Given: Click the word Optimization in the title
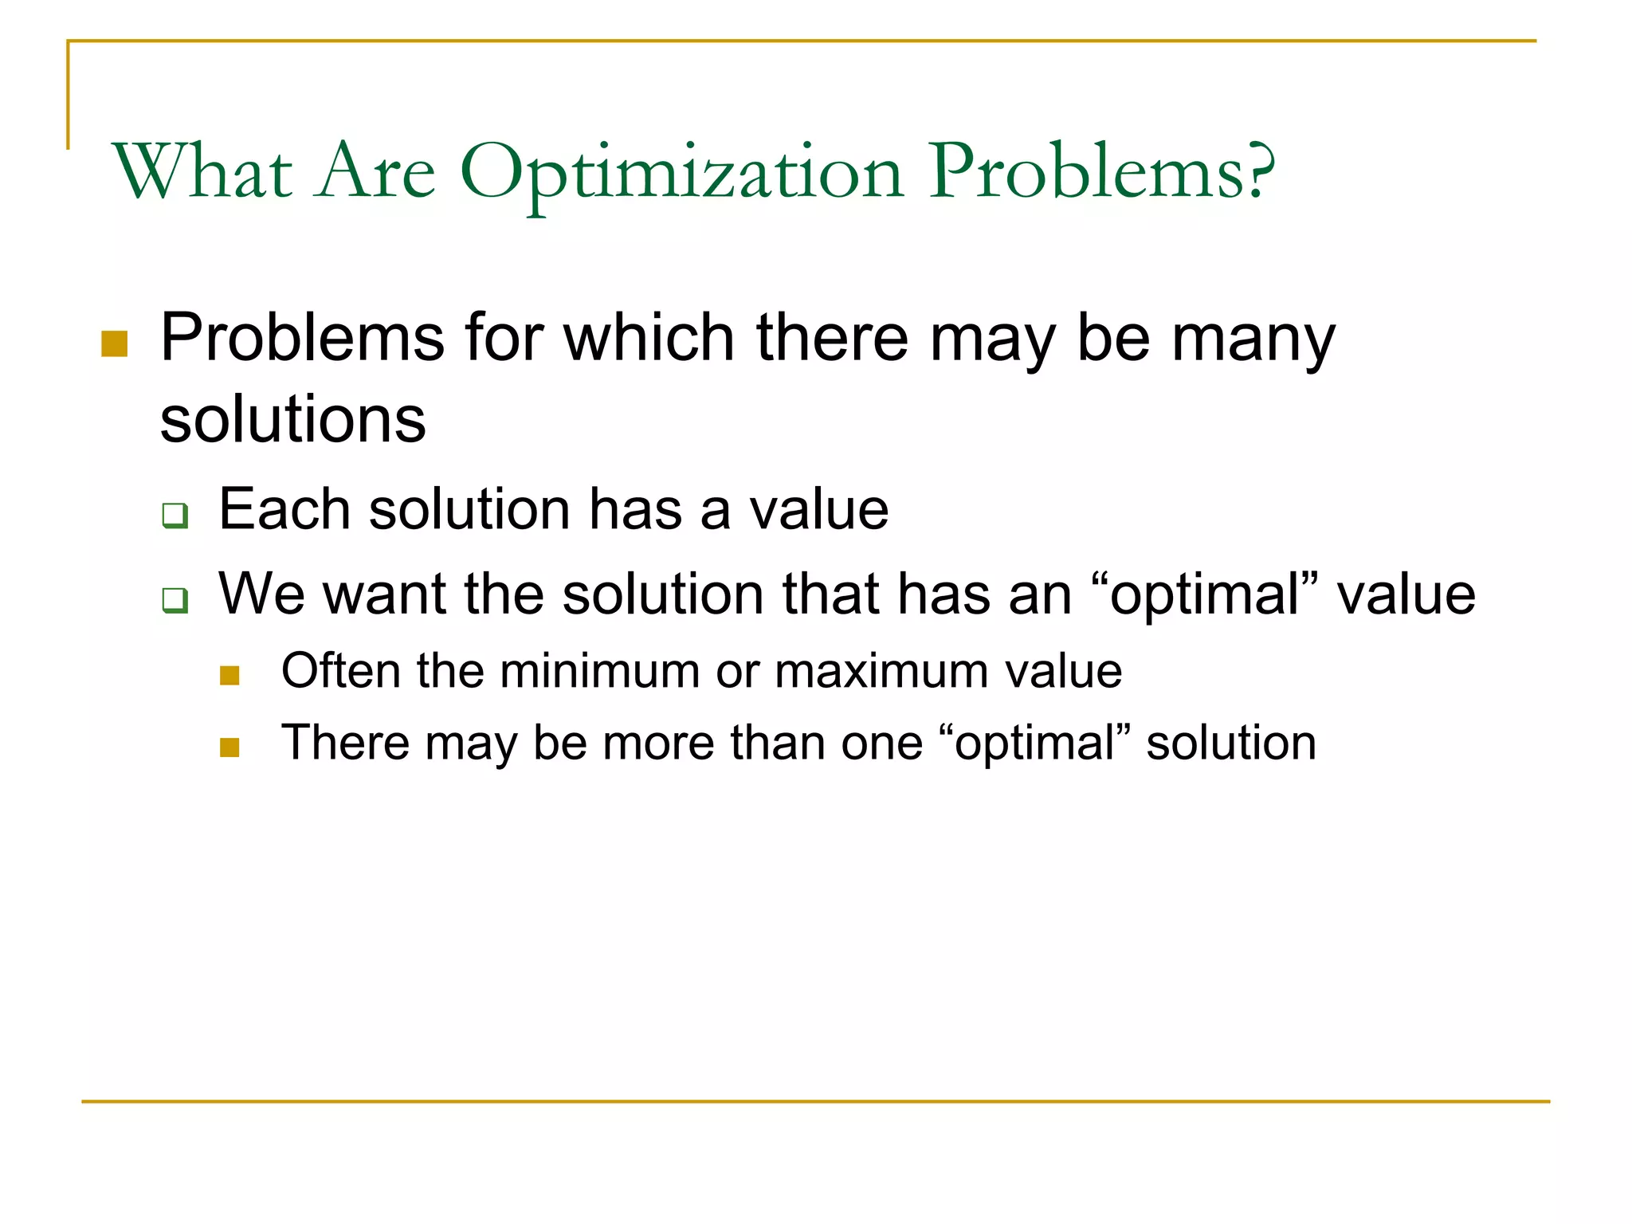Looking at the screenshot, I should click(x=681, y=174).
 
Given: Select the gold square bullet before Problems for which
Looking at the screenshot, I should click(x=115, y=343).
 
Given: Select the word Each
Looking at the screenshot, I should click(x=284, y=509).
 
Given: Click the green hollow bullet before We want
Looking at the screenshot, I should click(x=175, y=599).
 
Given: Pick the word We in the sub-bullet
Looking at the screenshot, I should click(x=261, y=594).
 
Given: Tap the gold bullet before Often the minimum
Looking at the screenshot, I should click(x=229, y=676).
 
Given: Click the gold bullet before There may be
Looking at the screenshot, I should click(x=229, y=747).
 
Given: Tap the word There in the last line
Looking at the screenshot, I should click(x=345, y=743).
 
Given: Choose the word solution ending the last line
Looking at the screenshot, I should click(x=1230, y=743).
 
